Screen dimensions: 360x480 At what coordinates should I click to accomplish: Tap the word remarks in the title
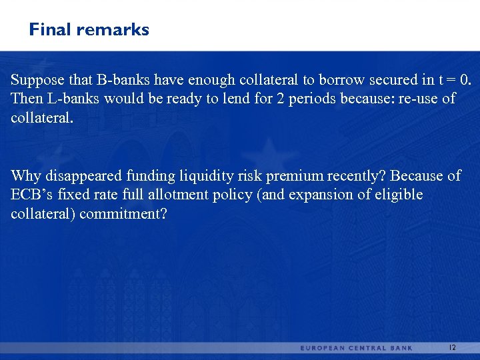tap(113, 30)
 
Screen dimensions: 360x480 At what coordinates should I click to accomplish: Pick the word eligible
tap(399, 195)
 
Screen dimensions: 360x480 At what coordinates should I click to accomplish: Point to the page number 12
tap(452, 348)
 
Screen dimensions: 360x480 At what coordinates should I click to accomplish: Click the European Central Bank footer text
tap(356, 348)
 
